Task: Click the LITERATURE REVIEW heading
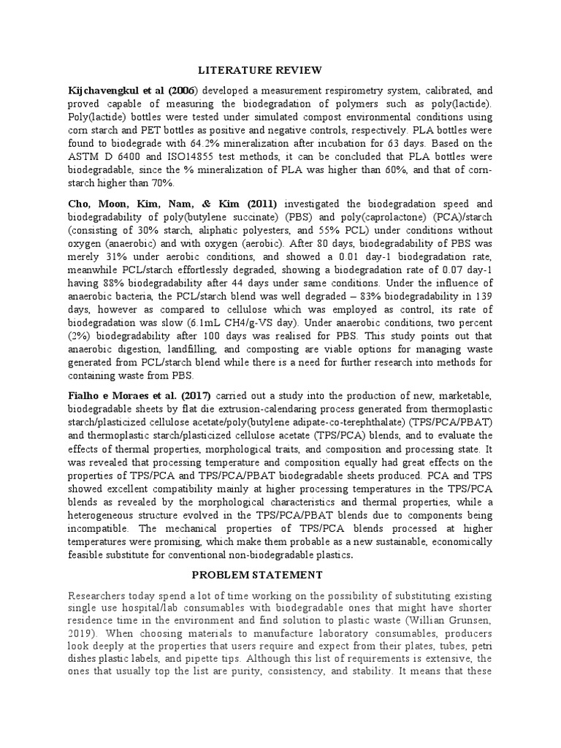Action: tap(261, 70)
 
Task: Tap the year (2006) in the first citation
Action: tap(181, 91)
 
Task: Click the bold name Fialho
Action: tap(83, 394)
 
